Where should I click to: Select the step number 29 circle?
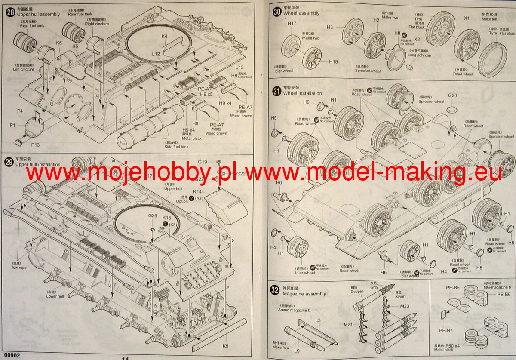(x=9, y=162)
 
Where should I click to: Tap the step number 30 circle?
(x=277, y=12)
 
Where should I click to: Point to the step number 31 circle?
(x=277, y=91)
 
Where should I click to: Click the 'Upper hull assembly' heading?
(x=38, y=14)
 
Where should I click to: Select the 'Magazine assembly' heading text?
(x=304, y=294)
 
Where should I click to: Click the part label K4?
(x=164, y=37)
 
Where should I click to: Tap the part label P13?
(x=35, y=145)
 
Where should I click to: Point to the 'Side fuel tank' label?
(x=176, y=147)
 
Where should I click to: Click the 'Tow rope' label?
(x=18, y=268)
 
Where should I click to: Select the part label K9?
(x=225, y=345)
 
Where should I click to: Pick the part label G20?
(x=452, y=95)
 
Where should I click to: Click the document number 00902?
(x=10, y=355)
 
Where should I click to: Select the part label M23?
(x=405, y=306)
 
